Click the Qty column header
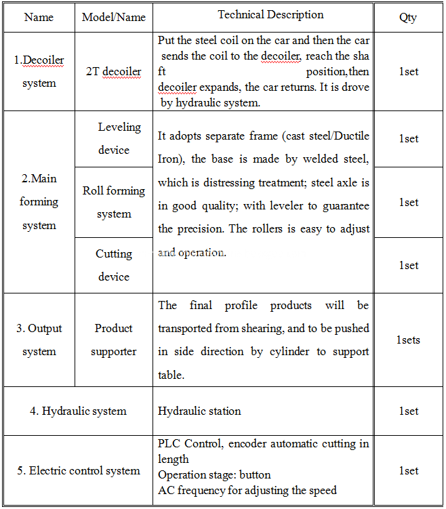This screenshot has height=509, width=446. tap(408, 17)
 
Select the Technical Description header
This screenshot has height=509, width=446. tap(270, 15)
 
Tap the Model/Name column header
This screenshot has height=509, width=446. tap(114, 17)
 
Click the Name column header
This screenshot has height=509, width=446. tap(39, 17)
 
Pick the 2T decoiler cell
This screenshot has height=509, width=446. tap(114, 72)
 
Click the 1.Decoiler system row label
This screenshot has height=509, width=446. tap(39, 72)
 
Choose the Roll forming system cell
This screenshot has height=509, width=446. tap(114, 202)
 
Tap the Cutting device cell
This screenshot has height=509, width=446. tap(114, 265)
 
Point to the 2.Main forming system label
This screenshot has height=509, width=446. tap(39, 202)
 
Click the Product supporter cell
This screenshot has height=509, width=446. tap(114, 340)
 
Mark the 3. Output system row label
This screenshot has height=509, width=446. tap(39, 340)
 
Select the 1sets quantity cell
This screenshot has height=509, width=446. tap(408, 340)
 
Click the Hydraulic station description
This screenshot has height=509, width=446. tap(199, 411)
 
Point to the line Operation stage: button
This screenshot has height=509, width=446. tap(214, 475)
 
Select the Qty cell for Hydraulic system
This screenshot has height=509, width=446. tap(408, 411)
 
